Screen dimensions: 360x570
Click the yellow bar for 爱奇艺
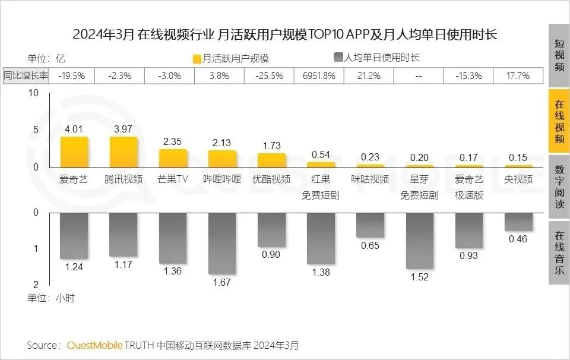pos(74,153)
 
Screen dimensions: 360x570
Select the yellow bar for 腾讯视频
pos(123,153)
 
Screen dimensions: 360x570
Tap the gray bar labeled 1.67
pos(222,243)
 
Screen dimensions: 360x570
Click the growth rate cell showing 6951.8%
pos(319,76)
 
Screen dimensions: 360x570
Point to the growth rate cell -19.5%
pos(75,76)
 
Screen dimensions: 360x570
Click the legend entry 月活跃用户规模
pos(231,58)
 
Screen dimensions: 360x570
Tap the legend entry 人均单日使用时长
pos(376,58)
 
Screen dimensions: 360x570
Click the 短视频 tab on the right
pos(559,55)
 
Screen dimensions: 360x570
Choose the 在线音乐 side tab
pos(559,252)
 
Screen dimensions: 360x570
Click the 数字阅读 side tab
pos(559,187)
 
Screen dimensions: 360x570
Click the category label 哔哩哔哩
pos(222,179)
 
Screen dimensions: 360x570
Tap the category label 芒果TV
pos(173,179)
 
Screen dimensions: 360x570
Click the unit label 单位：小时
pos(51,298)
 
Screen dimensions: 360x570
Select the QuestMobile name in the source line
pos(95,345)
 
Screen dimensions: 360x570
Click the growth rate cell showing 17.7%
pos(518,76)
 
